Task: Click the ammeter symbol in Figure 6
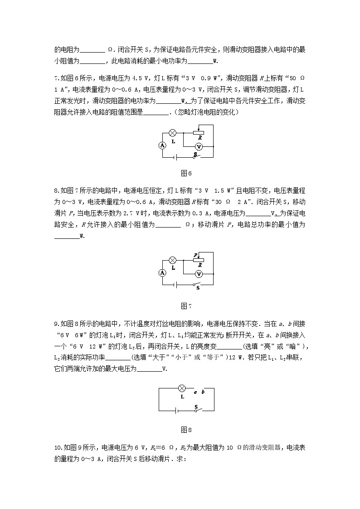[162, 145]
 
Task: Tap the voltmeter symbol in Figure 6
[198, 146]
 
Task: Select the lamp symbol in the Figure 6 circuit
[172, 133]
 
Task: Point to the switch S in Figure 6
[196, 156]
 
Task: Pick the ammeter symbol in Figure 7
[162, 273]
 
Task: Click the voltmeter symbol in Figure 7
[198, 274]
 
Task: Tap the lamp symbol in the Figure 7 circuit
[172, 260]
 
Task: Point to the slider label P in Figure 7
[195, 255]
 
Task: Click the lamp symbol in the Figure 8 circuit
[181, 388]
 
